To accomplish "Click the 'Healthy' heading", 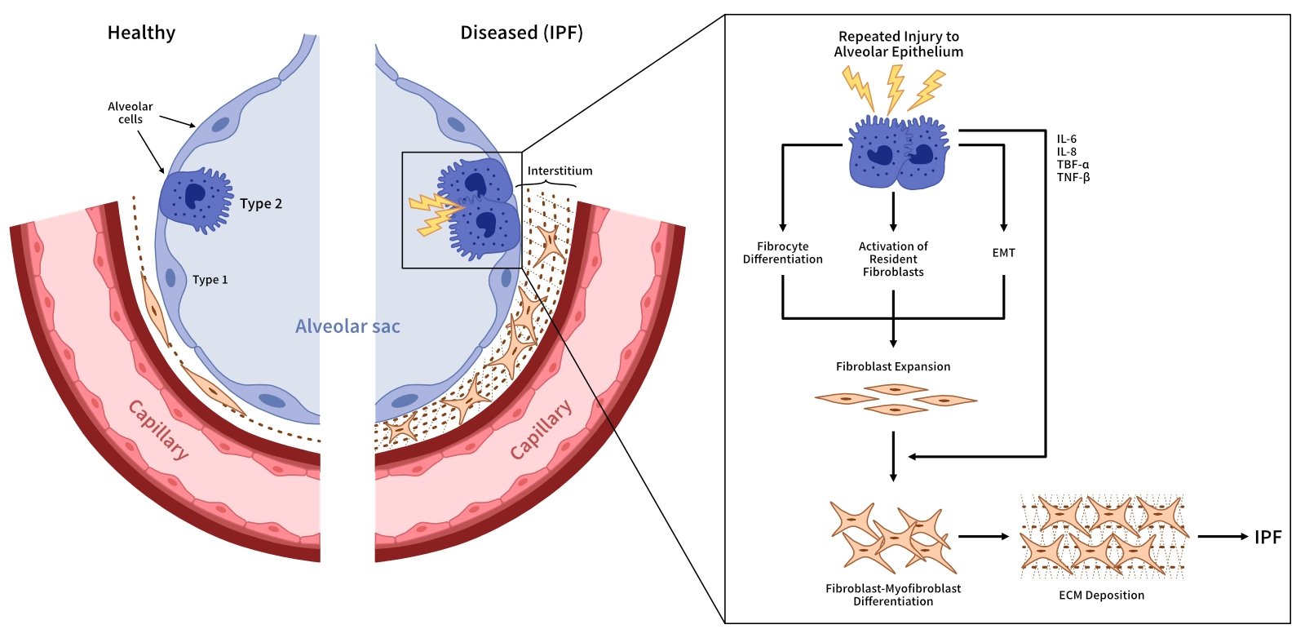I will point(141,33).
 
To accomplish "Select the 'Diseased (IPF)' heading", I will point(521,33).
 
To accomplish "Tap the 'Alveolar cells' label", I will point(130,113).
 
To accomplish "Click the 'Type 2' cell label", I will point(261,204).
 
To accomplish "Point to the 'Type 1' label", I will point(210,280).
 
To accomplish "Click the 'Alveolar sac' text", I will point(347,327).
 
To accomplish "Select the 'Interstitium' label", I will point(560,171).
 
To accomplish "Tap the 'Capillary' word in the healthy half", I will point(159,430).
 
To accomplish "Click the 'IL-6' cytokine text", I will point(1066,139).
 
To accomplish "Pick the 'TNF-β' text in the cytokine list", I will point(1073,177).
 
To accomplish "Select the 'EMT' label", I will point(1003,253).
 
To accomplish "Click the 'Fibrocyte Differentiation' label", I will point(782,253).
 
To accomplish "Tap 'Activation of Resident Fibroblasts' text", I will point(893,259).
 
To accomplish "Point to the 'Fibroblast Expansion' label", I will point(893,367).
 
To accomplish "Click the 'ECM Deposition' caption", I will point(1101,596).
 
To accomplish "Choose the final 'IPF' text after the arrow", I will point(1267,537).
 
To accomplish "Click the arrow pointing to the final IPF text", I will point(1223,537).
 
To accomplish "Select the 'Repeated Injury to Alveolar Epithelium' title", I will point(898,44).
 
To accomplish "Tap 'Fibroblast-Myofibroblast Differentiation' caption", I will point(893,595).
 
